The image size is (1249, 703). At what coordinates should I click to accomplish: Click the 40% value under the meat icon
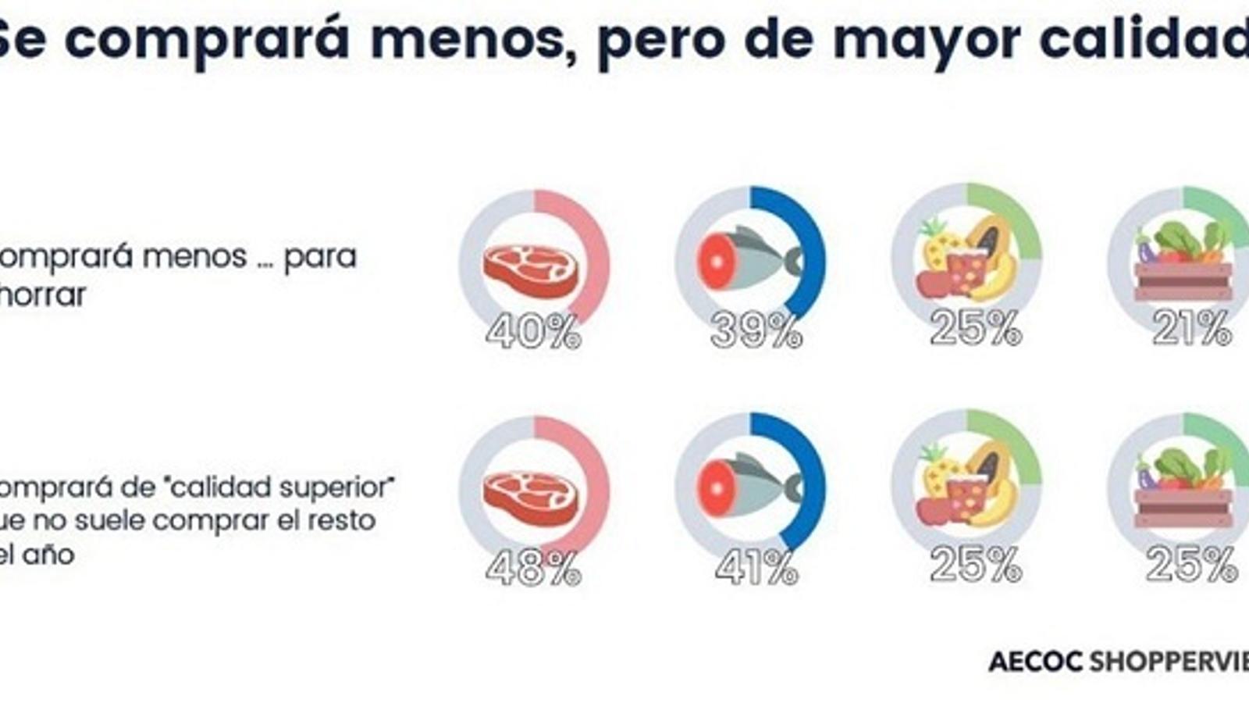(533, 333)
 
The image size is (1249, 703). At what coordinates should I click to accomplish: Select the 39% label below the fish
(756, 333)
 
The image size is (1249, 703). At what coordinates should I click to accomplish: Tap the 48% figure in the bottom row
(533, 569)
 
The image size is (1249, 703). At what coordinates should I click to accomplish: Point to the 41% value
(756, 569)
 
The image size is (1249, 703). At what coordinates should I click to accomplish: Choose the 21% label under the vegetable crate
(1191, 329)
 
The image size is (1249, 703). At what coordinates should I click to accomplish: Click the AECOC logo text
(1035, 662)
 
